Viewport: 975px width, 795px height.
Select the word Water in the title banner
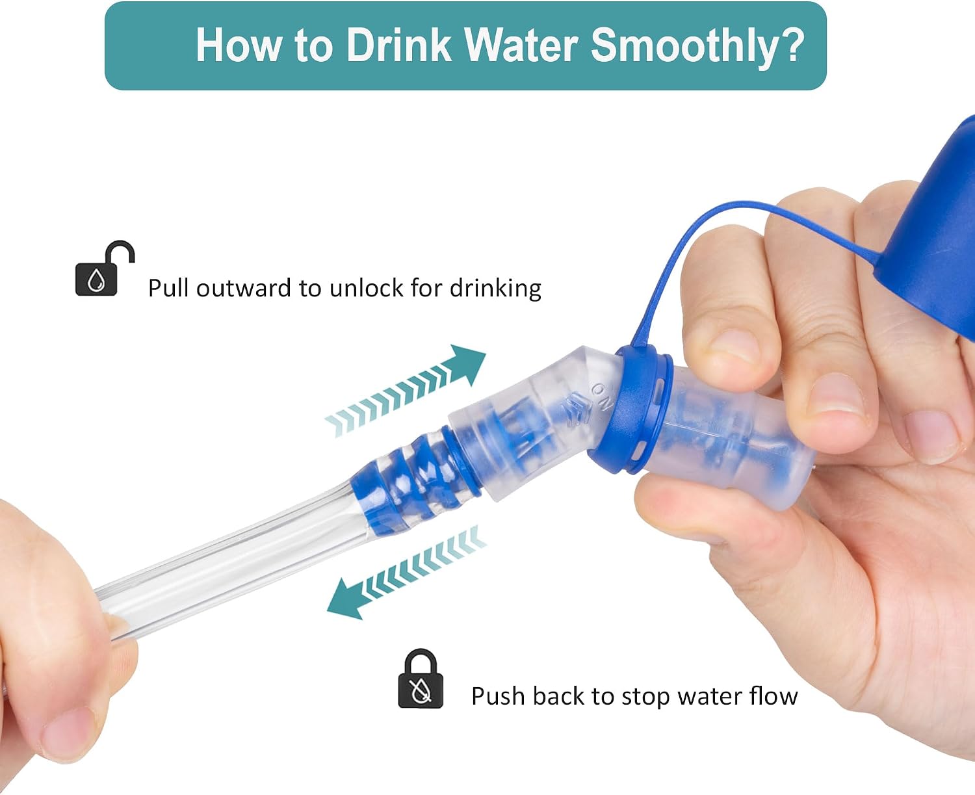[x=521, y=45]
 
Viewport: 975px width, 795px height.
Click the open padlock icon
[x=105, y=268]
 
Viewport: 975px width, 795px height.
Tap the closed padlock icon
[x=421, y=679]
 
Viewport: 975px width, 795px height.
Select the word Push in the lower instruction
[x=499, y=696]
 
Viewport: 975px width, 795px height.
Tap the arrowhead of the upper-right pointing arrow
[x=467, y=363]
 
